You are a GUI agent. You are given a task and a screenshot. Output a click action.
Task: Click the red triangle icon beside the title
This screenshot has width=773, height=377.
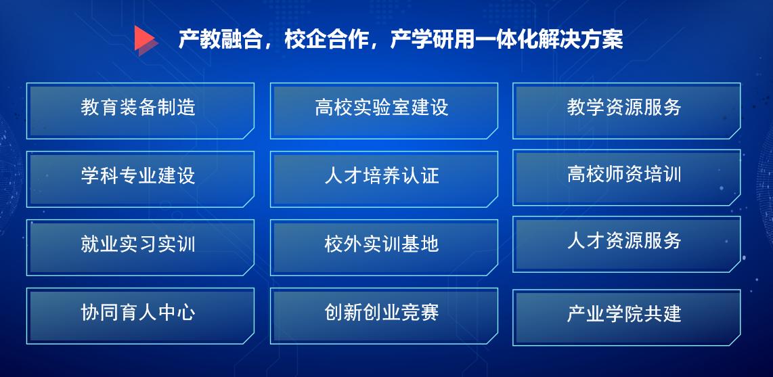pos(145,39)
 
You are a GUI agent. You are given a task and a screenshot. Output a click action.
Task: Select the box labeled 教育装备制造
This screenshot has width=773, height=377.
pos(140,111)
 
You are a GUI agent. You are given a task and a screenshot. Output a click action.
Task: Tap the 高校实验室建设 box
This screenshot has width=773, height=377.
pos(384,111)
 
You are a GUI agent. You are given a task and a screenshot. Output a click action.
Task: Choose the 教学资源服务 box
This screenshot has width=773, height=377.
pos(626,111)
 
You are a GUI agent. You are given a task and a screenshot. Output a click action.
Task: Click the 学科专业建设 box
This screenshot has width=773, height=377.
pos(140,179)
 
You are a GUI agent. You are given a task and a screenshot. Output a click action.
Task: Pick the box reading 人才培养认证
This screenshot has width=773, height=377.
pos(384,179)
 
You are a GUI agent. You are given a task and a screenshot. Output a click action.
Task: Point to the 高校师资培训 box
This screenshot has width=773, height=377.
pos(626,177)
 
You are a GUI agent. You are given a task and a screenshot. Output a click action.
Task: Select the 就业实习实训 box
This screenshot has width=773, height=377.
pos(140,248)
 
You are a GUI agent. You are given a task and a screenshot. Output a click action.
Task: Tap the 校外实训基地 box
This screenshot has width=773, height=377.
pos(384,248)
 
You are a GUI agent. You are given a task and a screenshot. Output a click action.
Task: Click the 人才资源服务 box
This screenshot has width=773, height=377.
pos(626,244)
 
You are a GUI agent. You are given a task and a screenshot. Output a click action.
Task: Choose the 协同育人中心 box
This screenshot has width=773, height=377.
pos(140,316)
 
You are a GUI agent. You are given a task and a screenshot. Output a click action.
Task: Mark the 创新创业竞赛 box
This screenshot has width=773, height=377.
pos(384,316)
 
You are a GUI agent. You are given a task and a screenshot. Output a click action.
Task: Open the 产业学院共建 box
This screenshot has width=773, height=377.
pos(626,317)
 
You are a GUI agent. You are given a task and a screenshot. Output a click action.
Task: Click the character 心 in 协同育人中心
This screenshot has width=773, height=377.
pos(186,313)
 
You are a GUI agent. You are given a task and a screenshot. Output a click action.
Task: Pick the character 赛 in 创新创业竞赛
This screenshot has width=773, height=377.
pos(429,313)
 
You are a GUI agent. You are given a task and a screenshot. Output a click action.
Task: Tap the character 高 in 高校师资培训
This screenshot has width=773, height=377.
pos(576,175)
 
